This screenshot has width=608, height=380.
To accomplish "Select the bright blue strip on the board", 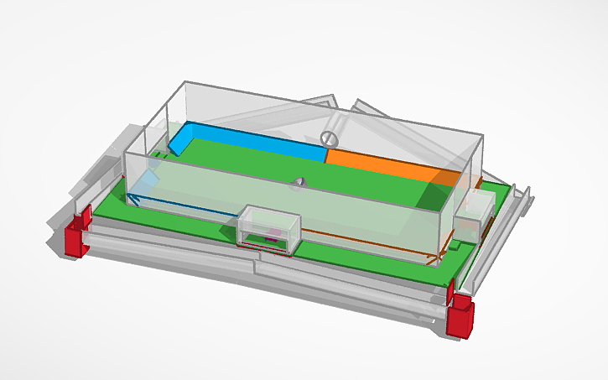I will click(252, 143).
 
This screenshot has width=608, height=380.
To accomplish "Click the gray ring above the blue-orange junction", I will click(330, 136).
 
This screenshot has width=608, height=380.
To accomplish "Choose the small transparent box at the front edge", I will click(268, 229).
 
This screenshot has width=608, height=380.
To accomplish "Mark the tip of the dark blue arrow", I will click(129, 199).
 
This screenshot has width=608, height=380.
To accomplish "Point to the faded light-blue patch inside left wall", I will click(149, 179).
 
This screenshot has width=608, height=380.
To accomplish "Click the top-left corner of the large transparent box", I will click(184, 82).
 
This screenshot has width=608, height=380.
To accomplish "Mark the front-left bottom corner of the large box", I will click(126, 204).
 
